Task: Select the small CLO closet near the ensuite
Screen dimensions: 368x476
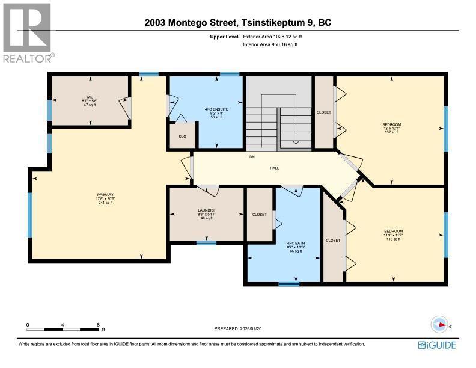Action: (x=182, y=135)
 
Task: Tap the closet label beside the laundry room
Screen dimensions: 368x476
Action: (x=260, y=214)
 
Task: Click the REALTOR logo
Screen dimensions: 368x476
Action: (x=28, y=34)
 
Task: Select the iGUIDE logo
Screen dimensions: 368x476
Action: (x=437, y=345)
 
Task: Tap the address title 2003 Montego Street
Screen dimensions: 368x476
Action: (x=238, y=23)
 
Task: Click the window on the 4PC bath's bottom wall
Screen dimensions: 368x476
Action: (x=289, y=283)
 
